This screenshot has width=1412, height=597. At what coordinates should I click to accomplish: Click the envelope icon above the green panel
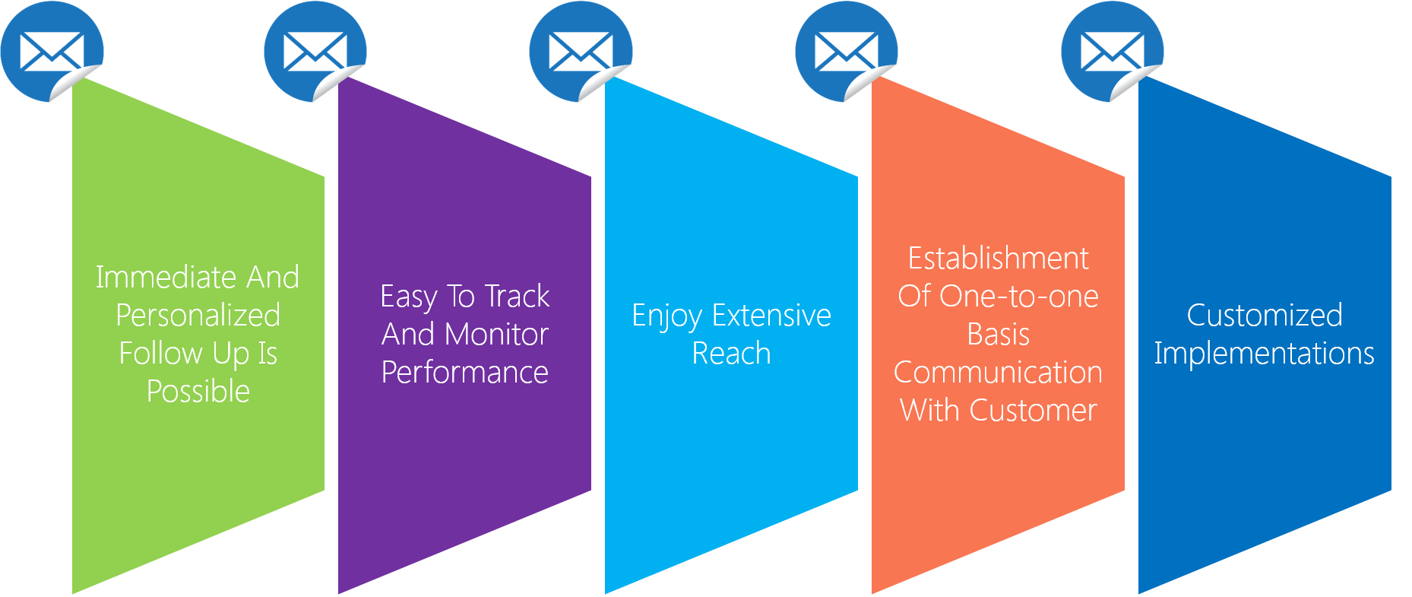tap(52, 51)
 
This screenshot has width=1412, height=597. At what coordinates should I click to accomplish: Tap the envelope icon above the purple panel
tap(315, 51)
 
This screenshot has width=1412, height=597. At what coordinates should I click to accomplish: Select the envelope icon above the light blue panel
tap(581, 51)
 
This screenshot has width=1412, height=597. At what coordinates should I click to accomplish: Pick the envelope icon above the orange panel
tap(847, 51)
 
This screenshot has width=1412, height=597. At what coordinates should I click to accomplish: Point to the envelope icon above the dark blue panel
tap(1113, 51)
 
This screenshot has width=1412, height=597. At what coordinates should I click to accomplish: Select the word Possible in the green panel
tap(198, 391)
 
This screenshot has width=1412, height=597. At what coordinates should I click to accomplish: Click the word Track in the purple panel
tap(517, 296)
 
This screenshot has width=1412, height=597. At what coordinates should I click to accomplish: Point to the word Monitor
tap(496, 334)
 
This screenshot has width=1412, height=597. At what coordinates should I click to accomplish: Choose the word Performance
tap(464, 372)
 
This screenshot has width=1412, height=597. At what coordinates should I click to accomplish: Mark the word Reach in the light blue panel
tap(731, 353)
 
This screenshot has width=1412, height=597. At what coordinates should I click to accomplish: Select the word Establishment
tap(998, 258)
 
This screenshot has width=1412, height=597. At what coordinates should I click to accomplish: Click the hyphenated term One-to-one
tap(1019, 296)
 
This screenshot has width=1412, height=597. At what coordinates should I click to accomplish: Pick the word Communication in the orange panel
tap(998, 372)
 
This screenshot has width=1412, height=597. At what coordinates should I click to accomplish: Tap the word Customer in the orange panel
tap(1034, 410)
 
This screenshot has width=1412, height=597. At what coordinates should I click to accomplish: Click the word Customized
tap(1265, 315)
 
